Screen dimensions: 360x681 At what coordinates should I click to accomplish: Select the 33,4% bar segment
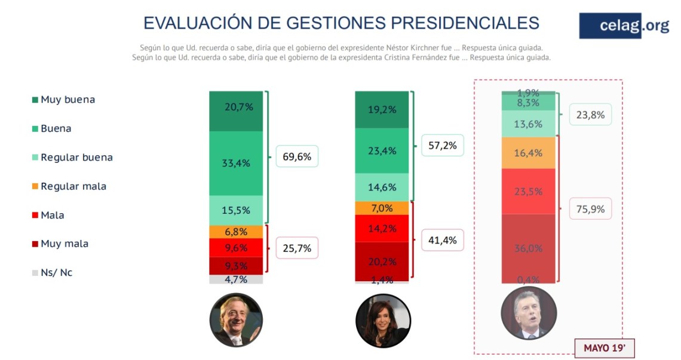coord(236,164)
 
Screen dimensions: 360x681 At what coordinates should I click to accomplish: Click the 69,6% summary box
coord(296,157)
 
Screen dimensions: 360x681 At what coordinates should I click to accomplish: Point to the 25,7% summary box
coord(296,248)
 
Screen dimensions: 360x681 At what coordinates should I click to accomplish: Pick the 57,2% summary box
coord(443,146)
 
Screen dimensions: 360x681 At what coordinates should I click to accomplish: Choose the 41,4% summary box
coord(443,241)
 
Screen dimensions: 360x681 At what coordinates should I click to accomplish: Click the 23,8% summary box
coord(590,115)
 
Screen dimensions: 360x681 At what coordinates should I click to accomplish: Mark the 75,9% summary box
coord(590,209)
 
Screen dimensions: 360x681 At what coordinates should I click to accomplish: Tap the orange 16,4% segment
coord(528,153)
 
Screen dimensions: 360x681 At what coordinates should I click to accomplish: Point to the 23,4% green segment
coord(382,151)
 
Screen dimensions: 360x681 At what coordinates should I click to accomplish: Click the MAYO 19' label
coord(604,347)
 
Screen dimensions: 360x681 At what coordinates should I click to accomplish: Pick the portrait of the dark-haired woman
coord(382,321)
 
